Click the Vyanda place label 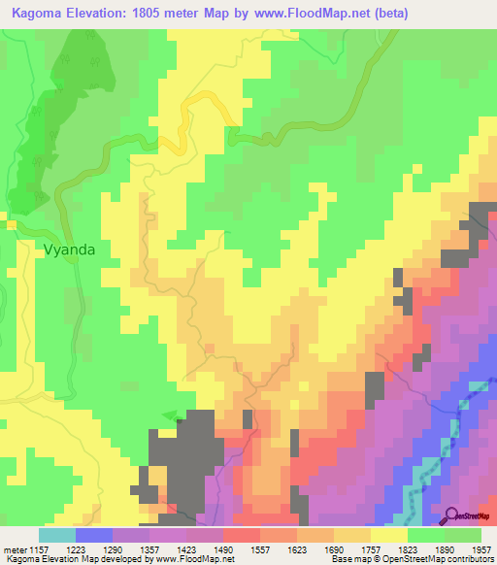pos(70,249)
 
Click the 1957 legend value pos(480,549)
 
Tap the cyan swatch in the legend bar pos(57,535)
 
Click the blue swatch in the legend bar pos(94,535)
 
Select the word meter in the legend pos(15,549)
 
